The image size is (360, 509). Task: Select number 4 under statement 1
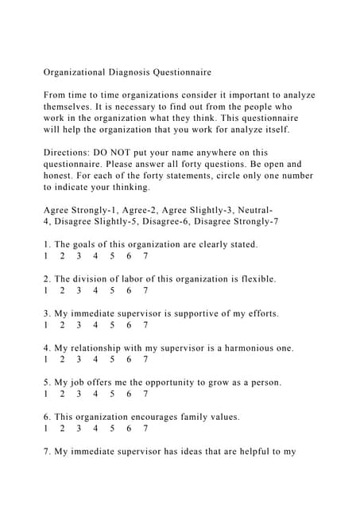95,256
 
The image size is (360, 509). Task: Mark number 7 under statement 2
145,290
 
